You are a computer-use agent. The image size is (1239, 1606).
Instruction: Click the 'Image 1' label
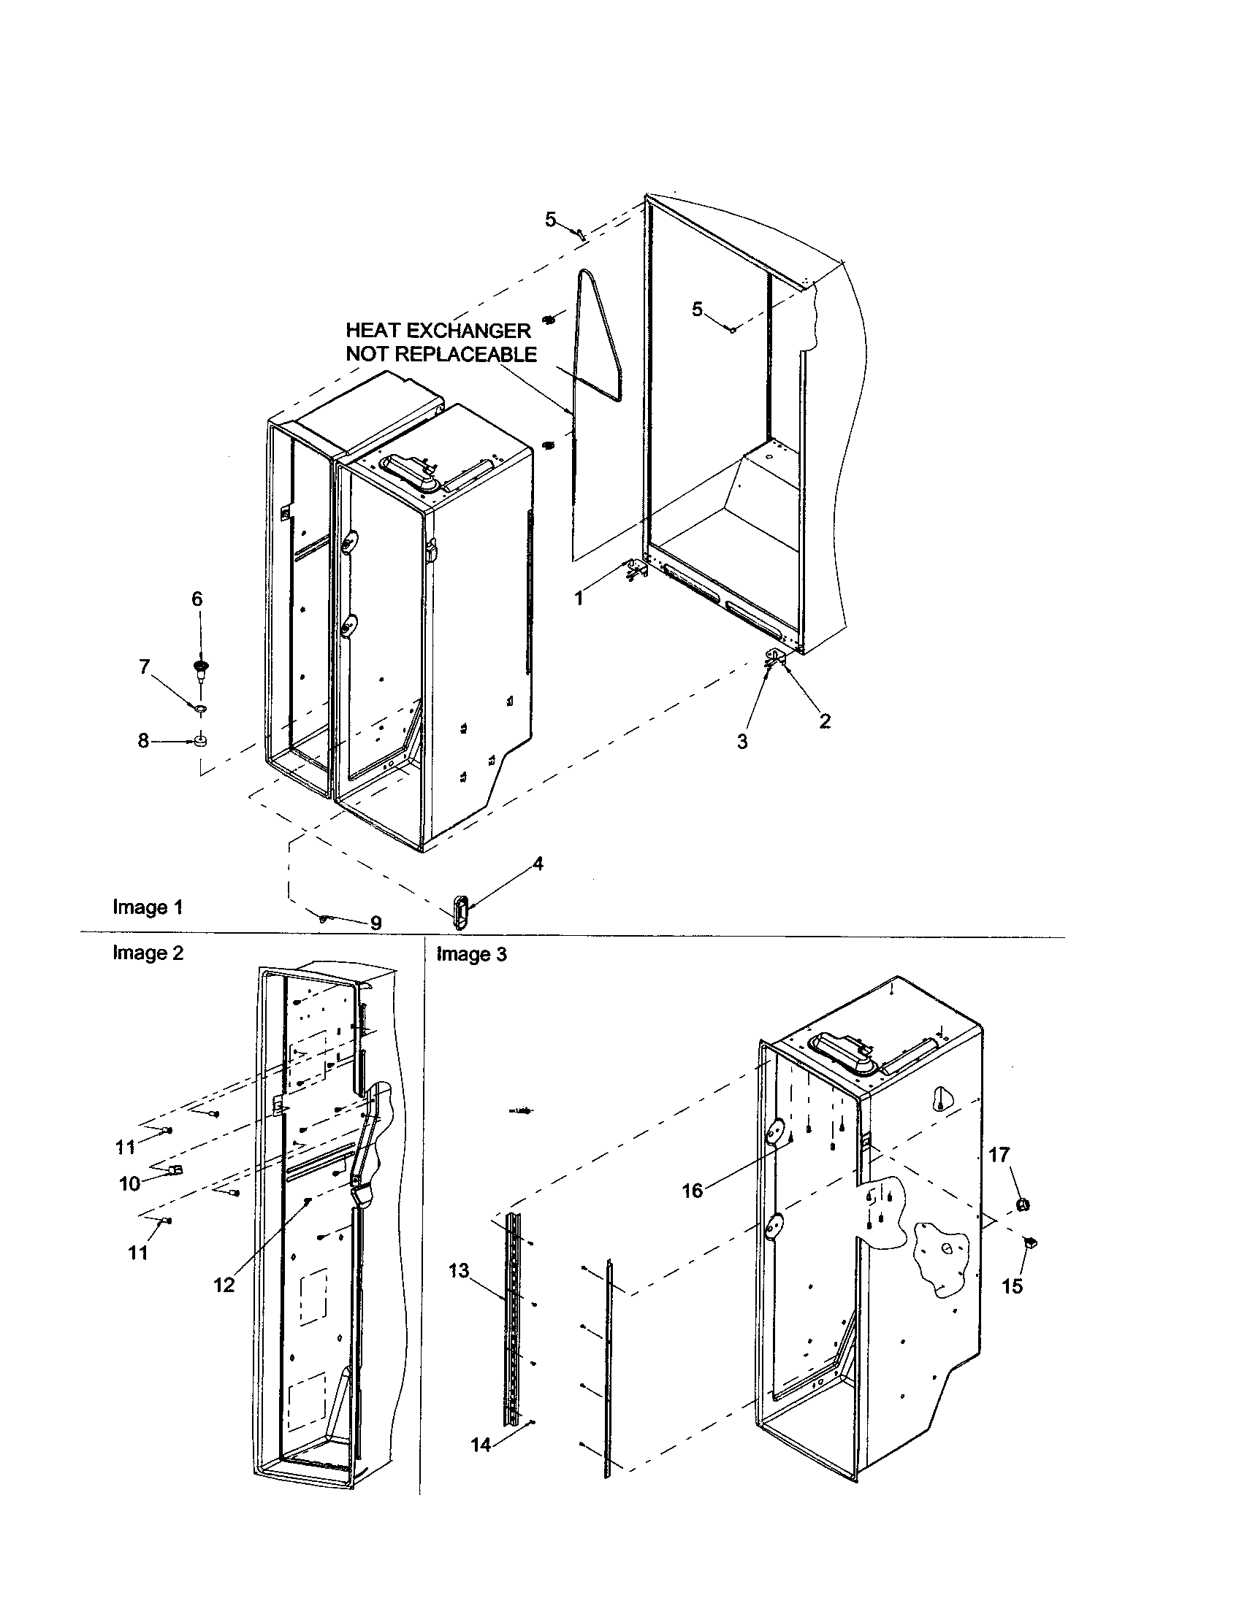(147, 907)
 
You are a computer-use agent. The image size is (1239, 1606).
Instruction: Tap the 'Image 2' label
(147, 952)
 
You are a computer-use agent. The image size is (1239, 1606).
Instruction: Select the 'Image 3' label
(472, 954)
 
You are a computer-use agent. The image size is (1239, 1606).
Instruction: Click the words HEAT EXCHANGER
(438, 330)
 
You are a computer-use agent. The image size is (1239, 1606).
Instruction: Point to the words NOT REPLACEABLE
(441, 355)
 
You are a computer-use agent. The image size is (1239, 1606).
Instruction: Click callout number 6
(197, 599)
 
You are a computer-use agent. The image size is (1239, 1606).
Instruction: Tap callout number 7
(144, 666)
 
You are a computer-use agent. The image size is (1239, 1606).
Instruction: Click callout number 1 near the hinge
(579, 599)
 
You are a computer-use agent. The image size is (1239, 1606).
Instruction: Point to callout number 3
(742, 741)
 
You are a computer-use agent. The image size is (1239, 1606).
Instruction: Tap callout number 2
(825, 721)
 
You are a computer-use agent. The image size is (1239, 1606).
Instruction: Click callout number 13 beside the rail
(458, 1272)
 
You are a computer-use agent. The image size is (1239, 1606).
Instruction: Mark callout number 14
(481, 1445)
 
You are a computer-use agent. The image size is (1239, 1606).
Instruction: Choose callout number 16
(693, 1191)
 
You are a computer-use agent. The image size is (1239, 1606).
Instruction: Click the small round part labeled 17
(1022, 1204)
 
